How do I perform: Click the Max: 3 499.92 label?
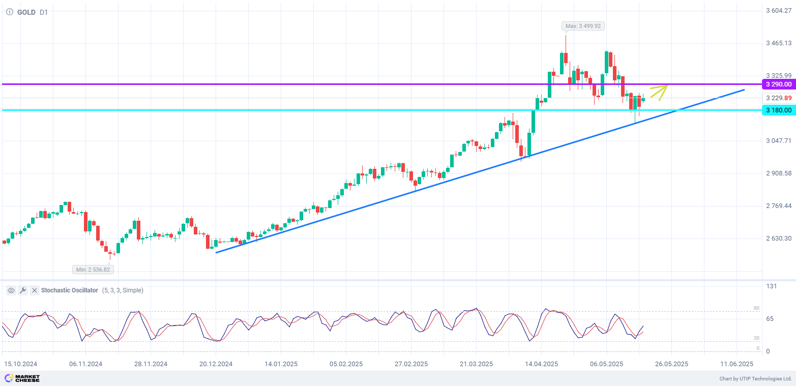coord(584,26)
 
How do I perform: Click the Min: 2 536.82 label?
coord(93,270)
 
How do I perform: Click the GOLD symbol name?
coord(26,12)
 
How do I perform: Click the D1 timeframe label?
coord(44,12)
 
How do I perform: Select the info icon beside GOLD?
coord(10,12)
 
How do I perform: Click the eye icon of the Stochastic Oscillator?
coord(11,290)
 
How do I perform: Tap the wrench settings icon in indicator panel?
coord(23,290)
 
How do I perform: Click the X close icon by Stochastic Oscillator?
coord(35,290)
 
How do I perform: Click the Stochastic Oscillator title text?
coord(70,290)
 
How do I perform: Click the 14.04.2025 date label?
coord(541,364)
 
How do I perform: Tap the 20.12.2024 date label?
coord(216,364)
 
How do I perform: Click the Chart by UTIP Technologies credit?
coord(755,379)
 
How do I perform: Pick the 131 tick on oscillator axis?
coord(772,286)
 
